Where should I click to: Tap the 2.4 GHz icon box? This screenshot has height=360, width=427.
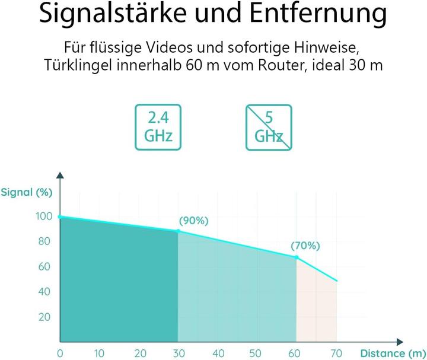(x=158, y=127)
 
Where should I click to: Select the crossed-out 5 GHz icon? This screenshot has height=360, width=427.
(x=269, y=127)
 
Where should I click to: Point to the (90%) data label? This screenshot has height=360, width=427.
(x=193, y=221)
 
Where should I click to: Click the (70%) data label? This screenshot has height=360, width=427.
(x=305, y=246)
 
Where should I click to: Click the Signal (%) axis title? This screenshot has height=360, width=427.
(x=27, y=192)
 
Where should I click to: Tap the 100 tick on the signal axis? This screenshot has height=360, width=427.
(x=44, y=217)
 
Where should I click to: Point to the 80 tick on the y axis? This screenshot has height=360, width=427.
(x=45, y=242)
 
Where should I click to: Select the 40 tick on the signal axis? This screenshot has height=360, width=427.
(x=45, y=292)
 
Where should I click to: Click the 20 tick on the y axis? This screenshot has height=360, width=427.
(x=45, y=317)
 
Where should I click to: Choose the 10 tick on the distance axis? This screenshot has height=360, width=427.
(x=100, y=354)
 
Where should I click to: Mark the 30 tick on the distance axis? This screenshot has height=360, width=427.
(x=178, y=354)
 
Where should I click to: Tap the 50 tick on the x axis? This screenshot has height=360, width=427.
(x=257, y=354)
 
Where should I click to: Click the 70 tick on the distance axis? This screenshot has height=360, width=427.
(x=337, y=354)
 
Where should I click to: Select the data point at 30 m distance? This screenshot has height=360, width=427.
(x=178, y=231)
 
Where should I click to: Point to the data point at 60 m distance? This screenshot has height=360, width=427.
(x=297, y=257)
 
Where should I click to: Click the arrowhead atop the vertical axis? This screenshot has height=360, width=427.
(x=60, y=176)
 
